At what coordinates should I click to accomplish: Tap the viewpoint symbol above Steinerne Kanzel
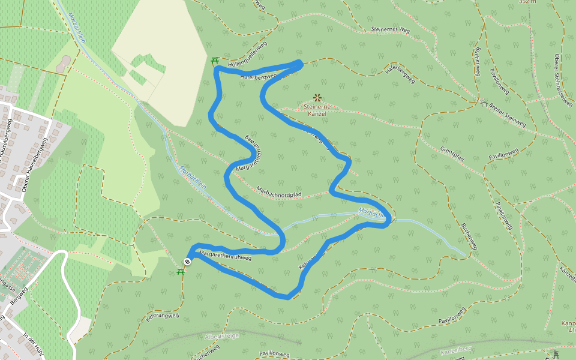pos(317,97)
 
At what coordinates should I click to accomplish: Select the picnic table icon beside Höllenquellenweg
pos(215,60)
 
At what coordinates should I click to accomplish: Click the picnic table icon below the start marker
pos(181,271)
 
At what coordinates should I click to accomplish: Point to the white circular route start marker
pos(188,261)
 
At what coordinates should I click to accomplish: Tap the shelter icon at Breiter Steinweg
pos(484,104)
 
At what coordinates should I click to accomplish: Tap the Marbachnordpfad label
pos(278,191)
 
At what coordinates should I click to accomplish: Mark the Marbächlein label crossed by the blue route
pos(370,212)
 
